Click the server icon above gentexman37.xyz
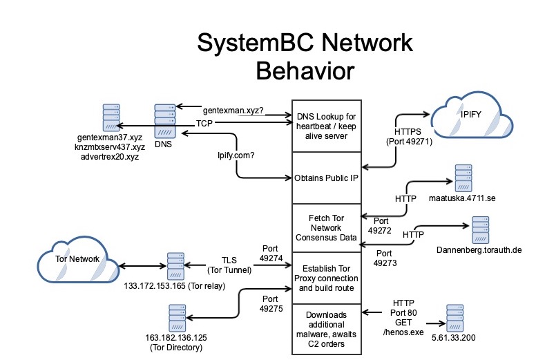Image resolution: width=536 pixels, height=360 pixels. [x=111, y=118]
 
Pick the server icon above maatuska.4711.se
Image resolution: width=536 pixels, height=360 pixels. [x=464, y=179]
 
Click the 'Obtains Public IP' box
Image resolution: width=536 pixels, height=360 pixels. [x=327, y=178]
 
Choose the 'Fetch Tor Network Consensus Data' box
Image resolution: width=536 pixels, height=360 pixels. [x=327, y=227]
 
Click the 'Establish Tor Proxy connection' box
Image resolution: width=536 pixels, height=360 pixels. [x=327, y=277]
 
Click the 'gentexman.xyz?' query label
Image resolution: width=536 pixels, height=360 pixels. [x=233, y=111]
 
